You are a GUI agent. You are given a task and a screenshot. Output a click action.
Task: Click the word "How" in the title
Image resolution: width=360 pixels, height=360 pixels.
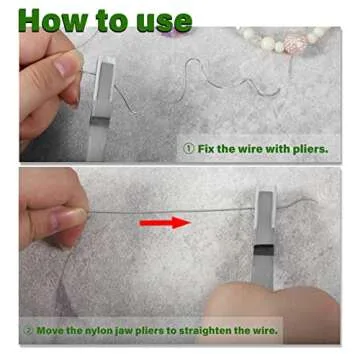point(52,20)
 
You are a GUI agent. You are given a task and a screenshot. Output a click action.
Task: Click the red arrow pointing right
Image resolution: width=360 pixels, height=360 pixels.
point(165,222)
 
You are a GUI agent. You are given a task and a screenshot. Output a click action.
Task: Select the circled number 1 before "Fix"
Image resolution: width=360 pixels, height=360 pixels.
point(189,148)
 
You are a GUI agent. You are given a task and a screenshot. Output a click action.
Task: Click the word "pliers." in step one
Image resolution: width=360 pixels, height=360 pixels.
point(311,149)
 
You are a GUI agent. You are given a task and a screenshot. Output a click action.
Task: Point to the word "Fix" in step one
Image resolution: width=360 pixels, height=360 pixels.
point(206,148)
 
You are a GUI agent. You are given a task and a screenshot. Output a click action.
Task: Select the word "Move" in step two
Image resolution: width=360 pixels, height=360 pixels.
point(49,331)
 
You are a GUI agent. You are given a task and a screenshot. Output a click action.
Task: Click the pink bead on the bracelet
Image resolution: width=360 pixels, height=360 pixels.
point(295,43)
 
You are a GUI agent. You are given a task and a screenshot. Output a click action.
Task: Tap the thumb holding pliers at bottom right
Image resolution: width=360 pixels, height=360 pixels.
point(272,312)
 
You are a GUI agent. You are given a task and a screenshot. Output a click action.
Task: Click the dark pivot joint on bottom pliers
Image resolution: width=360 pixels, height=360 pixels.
point(264,250)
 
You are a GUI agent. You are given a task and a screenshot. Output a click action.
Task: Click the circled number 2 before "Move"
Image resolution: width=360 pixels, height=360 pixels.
point(29,331)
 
